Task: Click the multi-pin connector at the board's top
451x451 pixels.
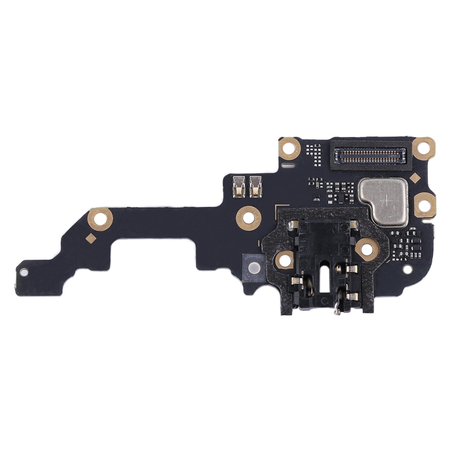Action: [x=372, y=155]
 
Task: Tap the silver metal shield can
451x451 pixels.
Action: [x=383, y=201]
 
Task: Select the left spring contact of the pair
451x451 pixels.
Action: [x=237, y=185]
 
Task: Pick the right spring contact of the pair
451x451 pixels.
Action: [x=255, y=185]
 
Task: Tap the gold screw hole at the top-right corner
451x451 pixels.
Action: [x=423, y=148]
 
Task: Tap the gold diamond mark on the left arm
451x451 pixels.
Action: [x=91, y=237]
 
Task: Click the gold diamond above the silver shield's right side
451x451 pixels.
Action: [x=414, y=177]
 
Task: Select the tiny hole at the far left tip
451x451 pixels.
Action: [x=24, y=271]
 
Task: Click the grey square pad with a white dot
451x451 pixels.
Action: [x=254, y=267]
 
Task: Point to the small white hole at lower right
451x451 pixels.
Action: [x=408, y=269]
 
